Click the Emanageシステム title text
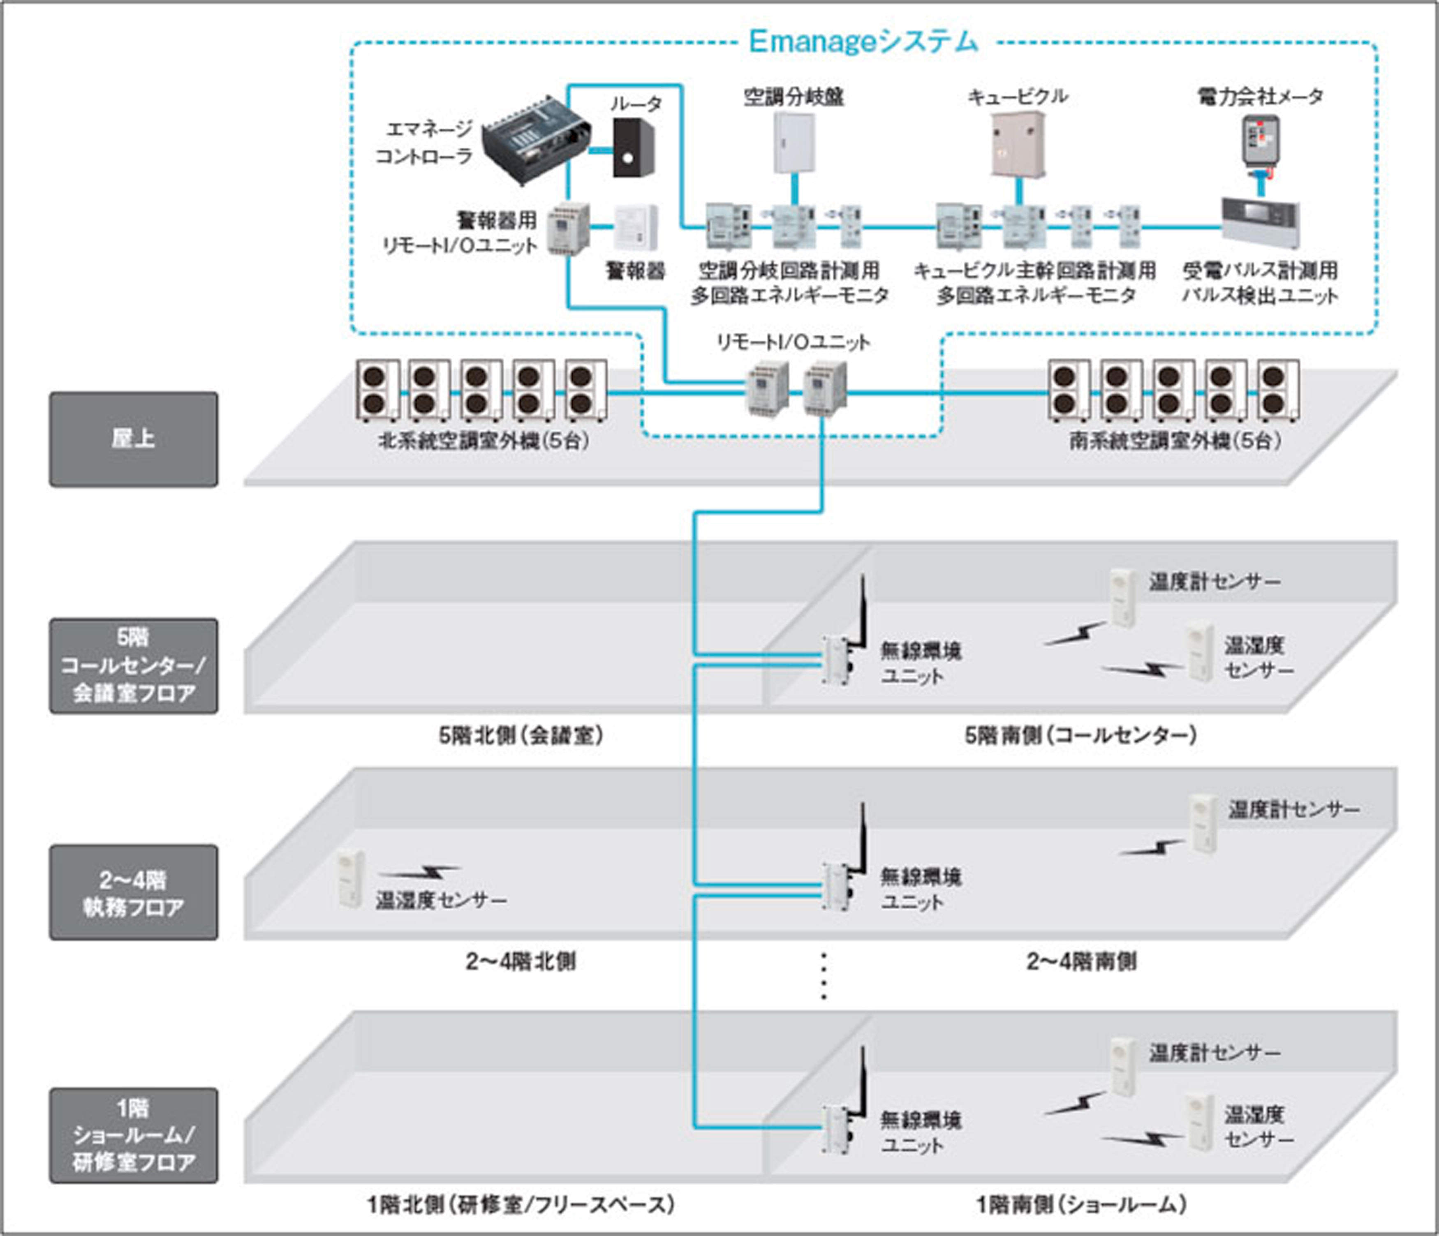pos(863,42)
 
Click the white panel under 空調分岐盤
pos(794,143)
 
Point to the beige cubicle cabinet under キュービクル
pos(1018,144)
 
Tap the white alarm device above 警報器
pos(635,227)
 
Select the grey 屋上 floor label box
pos(133,439)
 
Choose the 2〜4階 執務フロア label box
pos(133,892)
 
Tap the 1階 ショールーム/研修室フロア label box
pos(133,1135)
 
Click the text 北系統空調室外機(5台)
pos(484,441)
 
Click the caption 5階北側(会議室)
pos(521,735)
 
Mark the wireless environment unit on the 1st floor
pos(835,1128)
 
